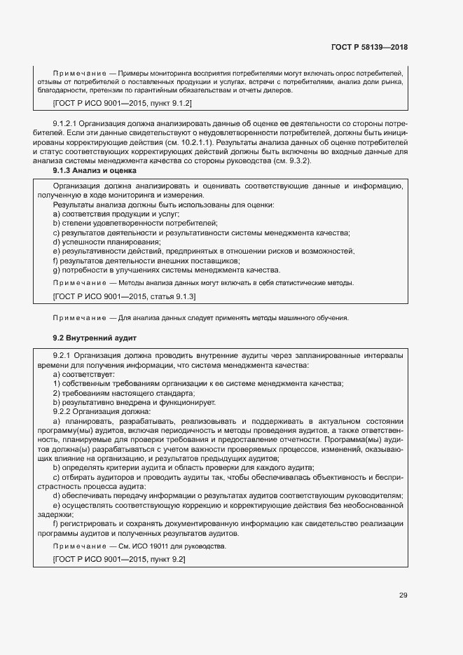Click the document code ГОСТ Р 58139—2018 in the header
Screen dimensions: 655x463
pyautogui.click(x=368, y=47)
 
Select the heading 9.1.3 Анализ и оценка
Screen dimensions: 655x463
pyautogui.click(x=95, y=170)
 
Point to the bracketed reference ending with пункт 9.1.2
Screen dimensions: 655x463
pyautogui.click(x=113, y=103)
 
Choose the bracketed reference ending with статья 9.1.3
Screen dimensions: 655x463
pyautogui.click(x=114, y=297)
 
